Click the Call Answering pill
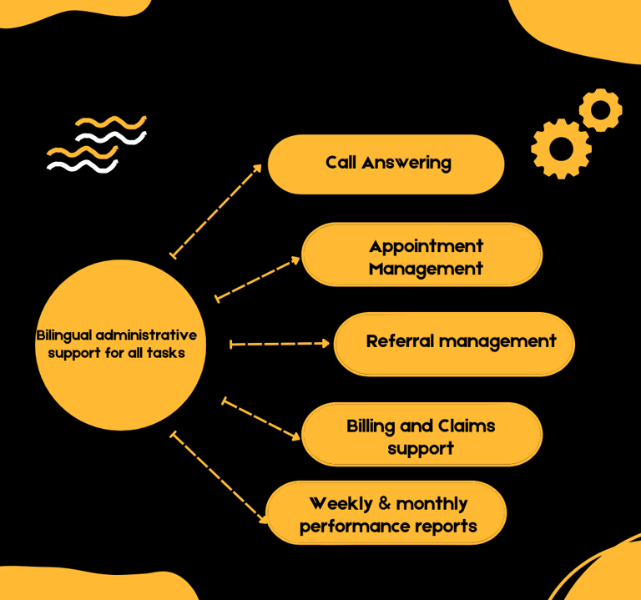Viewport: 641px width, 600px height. (x=386, y=164)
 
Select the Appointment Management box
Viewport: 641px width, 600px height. (x=421, y=255)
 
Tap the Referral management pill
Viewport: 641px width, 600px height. (x=454, y=344)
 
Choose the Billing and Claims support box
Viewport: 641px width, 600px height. (x=421, y=434)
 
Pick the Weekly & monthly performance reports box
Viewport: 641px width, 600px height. (x=386, y=512)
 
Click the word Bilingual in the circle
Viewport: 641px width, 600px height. (x=64, y=335)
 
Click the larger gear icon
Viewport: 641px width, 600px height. (x=561, y=149)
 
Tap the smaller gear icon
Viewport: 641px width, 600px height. (x=601, y=110)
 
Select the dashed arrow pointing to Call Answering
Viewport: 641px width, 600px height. (x=216, y=211)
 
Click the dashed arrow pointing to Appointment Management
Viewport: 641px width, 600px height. (x=258, y=280)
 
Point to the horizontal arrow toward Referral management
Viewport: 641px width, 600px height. (x=280, y=344)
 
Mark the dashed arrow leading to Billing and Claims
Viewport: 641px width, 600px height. (x=260, y=419)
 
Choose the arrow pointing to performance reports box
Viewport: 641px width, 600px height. (x=219, y=477)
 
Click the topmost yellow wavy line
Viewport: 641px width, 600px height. (x=111, y=122)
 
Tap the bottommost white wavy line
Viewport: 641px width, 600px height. (x=83, y=166)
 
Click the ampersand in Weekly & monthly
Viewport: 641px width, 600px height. (x=385, y=503)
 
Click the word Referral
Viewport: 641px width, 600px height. (x=400, y=341)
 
